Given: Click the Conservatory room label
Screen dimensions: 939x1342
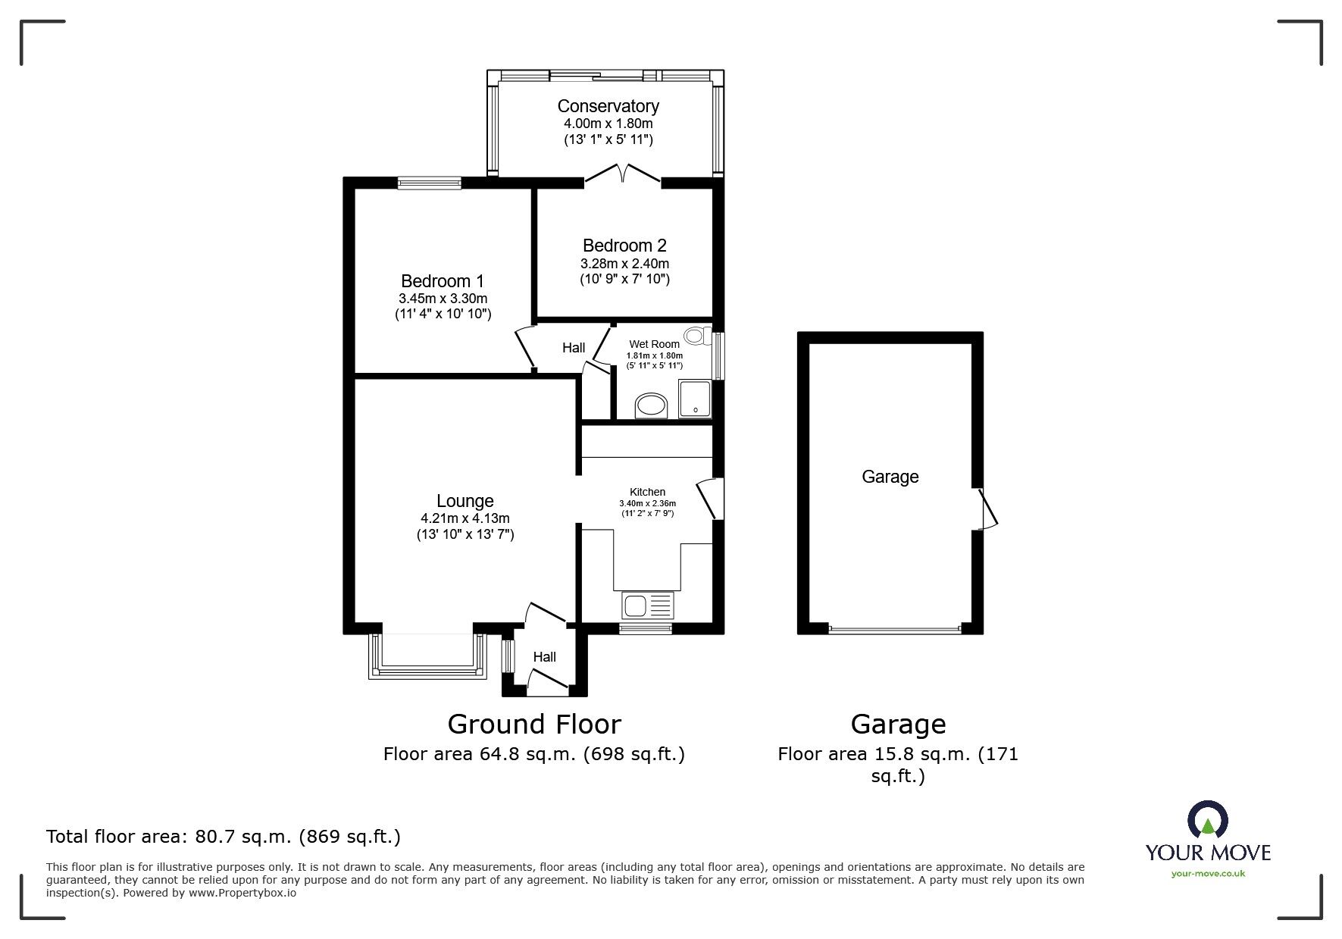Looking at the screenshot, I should pos(608,106).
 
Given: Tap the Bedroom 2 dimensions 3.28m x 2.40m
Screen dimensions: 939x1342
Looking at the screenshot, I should pos(624,264).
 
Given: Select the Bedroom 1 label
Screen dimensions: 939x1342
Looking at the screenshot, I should pos(443,281).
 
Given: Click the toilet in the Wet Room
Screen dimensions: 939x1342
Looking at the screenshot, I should pos(696,336).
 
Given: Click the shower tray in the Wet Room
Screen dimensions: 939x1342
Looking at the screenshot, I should pos(695,398).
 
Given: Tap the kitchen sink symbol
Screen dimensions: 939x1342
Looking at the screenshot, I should pos(647,606).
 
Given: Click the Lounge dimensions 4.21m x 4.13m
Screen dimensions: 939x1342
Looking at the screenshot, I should pos(465,518).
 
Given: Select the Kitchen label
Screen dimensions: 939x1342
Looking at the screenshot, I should pos(647,492).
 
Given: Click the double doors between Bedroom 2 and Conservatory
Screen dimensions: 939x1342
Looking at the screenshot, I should pos(622,173).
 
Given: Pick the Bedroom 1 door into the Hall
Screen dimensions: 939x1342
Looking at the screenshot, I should pos(525,349).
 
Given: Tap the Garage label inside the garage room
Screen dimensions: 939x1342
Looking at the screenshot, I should pos(890,477).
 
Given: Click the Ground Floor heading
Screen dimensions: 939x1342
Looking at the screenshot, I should pos(534,725).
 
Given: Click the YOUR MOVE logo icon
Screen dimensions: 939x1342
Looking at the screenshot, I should pos(1207,821).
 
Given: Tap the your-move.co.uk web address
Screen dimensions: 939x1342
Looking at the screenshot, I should pos(1208,874).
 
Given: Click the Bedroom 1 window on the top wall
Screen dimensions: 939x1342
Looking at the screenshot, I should pos(430,181).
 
